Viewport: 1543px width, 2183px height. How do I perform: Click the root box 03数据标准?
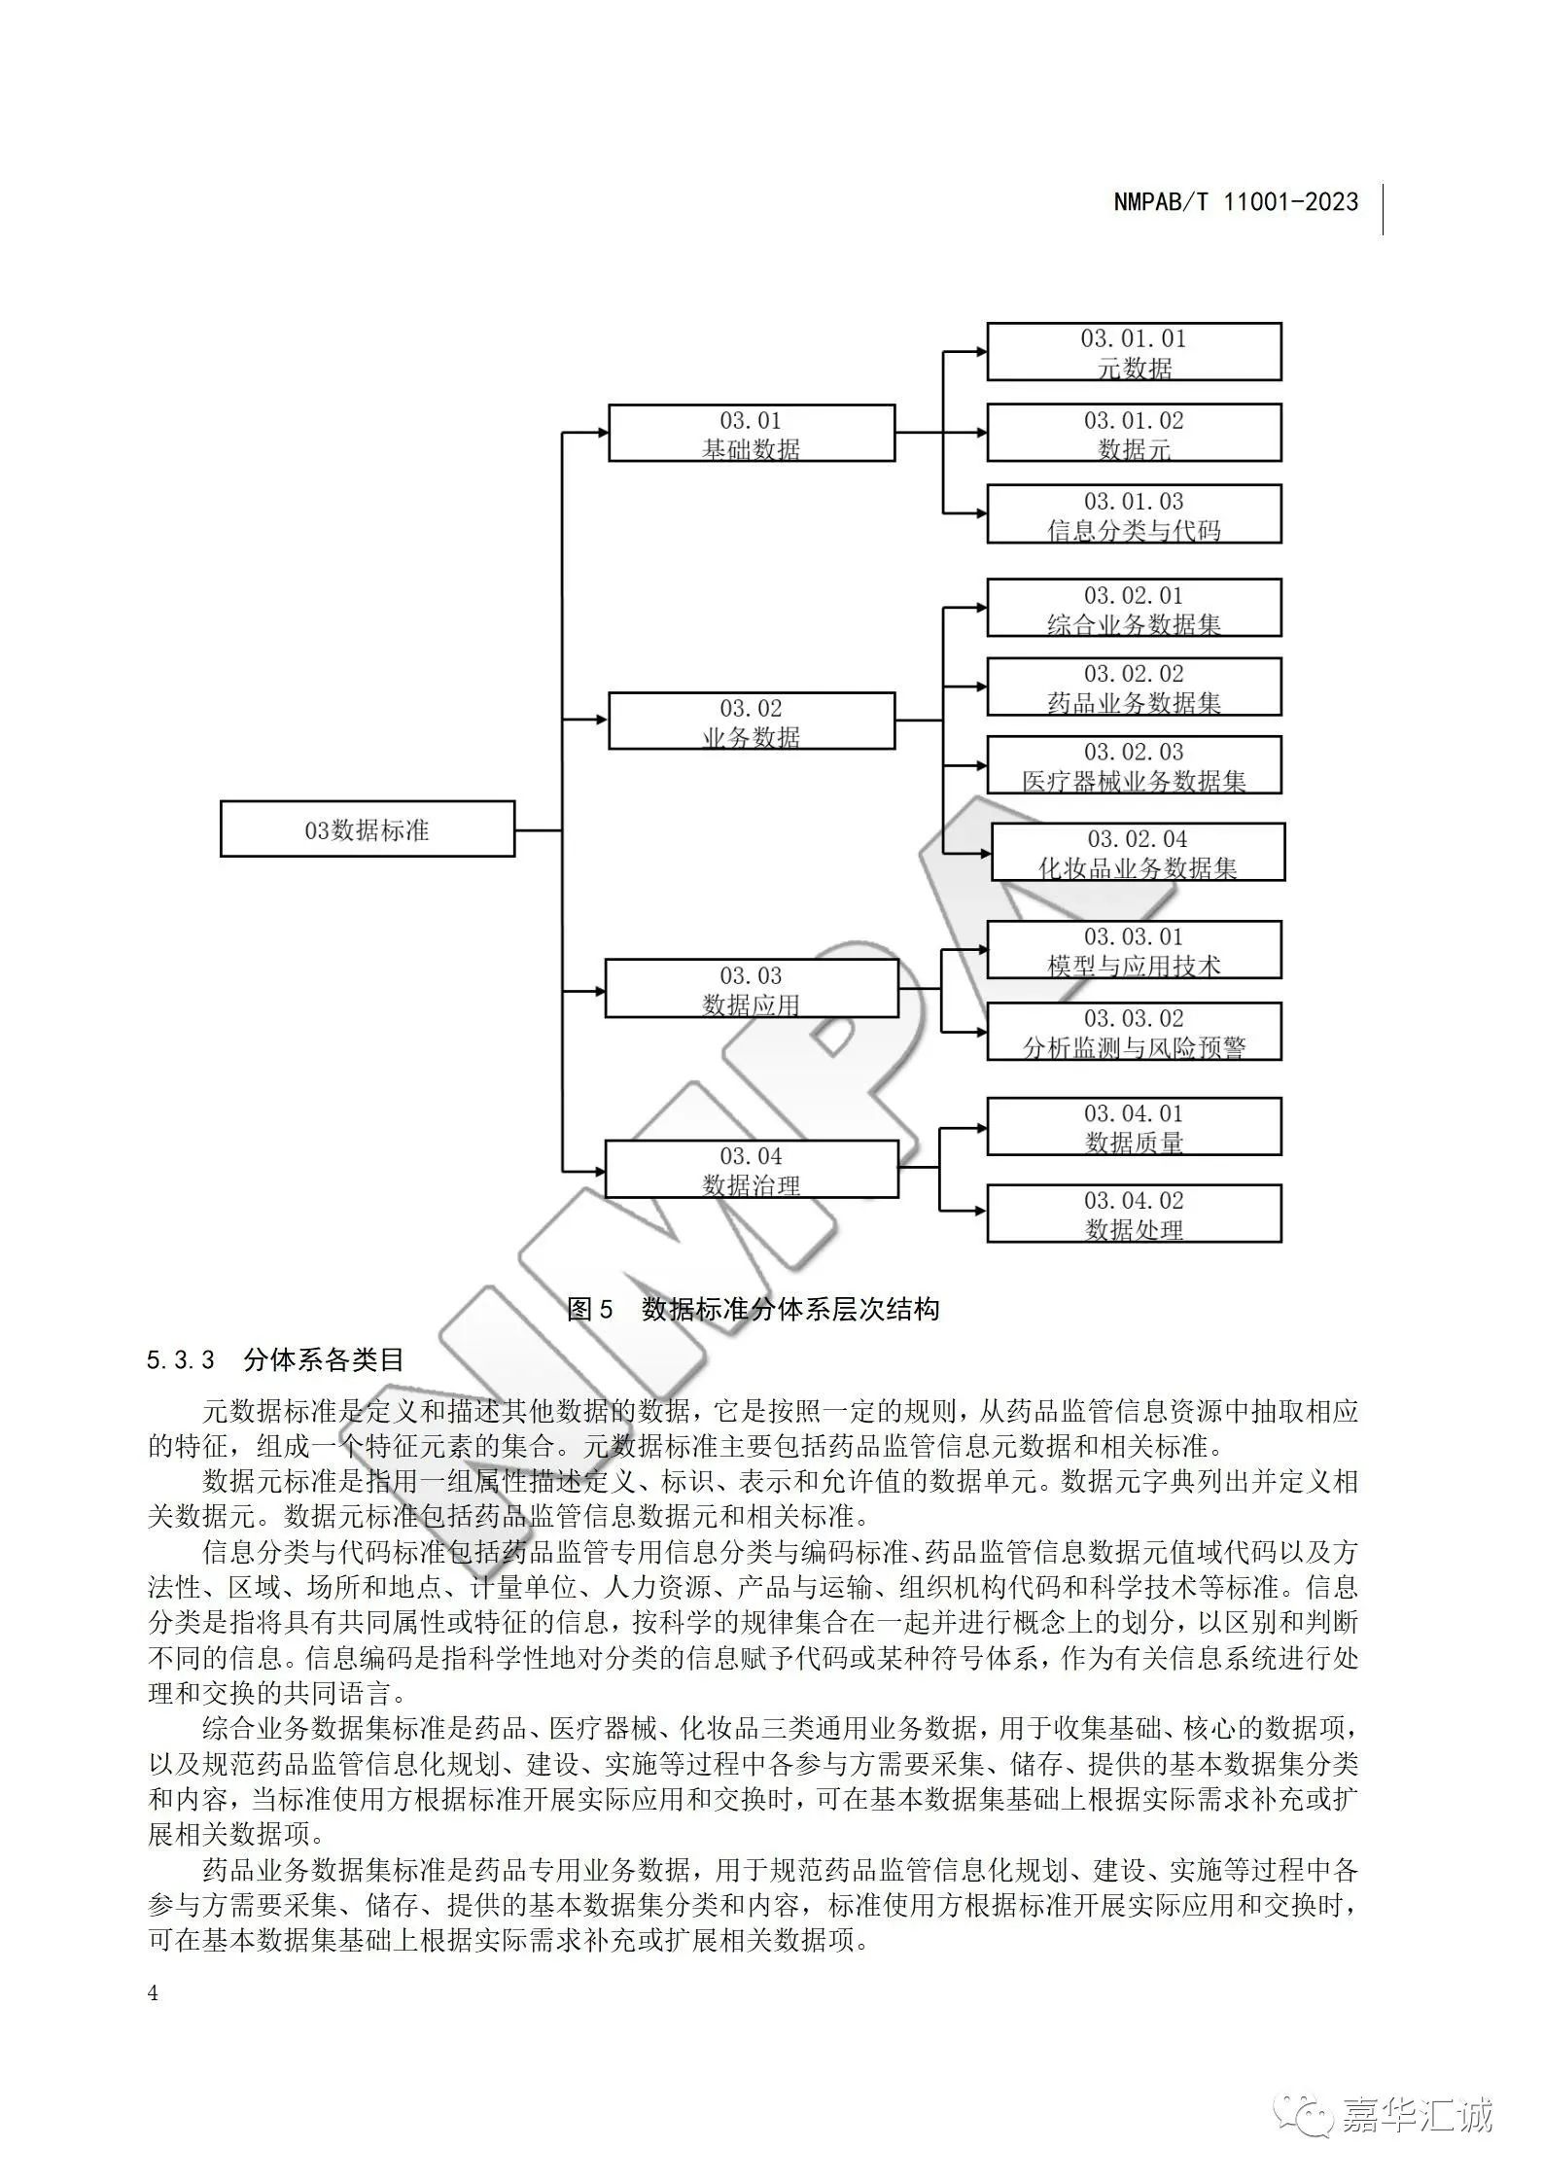(x=368, y=828)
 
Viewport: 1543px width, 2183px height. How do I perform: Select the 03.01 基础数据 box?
(x=752, y=433)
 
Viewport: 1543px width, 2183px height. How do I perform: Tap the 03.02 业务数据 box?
(x=752, y=721)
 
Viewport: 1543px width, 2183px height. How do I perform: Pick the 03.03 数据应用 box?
(x=752, y=988)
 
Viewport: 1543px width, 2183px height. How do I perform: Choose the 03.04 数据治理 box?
(x=752, y=1169)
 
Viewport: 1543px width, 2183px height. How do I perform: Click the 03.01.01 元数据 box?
(x=1134, y=351)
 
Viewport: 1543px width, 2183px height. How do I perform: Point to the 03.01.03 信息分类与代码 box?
(x=1134, y=513)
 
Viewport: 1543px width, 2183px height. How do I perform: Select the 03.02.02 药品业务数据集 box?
(x=1134, y=687)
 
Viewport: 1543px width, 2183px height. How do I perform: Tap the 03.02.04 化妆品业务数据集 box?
(x=1138, y=852)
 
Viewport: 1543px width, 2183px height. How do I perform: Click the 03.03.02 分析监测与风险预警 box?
(x=1134, y=1032)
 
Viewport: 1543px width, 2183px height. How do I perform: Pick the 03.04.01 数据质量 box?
(x=1134, y=1127)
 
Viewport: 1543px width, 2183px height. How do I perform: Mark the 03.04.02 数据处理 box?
(x=1134, y=1214)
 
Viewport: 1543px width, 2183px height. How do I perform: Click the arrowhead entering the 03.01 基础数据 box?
(x=601, y=433)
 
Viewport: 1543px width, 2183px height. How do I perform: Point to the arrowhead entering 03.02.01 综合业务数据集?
(x=980, y=609)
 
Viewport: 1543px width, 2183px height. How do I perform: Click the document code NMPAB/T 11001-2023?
(x=1236, y=202)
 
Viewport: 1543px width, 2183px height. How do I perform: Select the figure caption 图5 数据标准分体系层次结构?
(x=753, y=1309)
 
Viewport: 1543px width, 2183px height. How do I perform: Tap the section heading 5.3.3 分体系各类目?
(x=275, y=1359)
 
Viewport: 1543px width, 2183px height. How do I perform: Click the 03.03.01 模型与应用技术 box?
(x=1134, y=950)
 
